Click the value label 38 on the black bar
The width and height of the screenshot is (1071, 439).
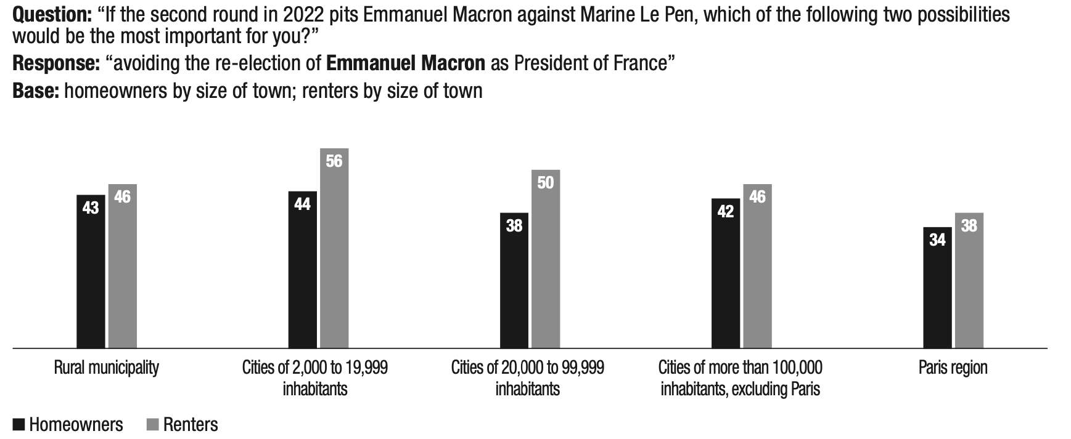[x=514, y=226]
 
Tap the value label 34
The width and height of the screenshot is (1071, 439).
[x=937, y=240]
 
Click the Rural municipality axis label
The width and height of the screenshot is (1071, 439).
[x=107, y=368]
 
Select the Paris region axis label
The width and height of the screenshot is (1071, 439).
[x=953, y=368]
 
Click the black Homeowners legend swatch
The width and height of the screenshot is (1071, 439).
[x=19, y=425]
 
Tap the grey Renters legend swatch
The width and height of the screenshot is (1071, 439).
[x=153, y=425]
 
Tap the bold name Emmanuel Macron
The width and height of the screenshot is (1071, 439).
[x=406, y=63]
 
